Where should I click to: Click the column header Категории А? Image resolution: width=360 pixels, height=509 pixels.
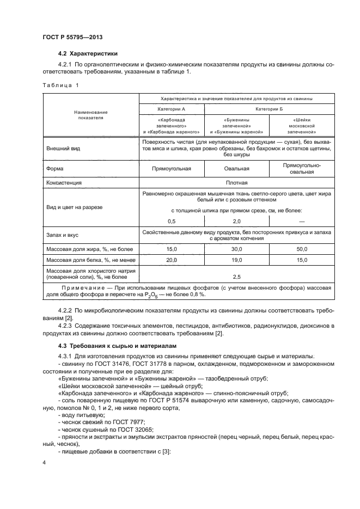click(x=172, y=109)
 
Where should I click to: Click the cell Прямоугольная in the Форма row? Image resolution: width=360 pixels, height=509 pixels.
click(x=172, y=169)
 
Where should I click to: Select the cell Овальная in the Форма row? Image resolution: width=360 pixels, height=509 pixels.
click(x=237, y=169)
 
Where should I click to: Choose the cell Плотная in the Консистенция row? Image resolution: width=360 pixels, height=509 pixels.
click(x=237, y=183)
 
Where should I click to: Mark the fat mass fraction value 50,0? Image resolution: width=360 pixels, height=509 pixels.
click(x=302, y=249)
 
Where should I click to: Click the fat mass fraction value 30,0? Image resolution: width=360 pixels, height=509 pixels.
click(x=237, y=249)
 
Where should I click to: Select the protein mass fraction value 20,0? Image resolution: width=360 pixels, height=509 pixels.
click(x=172, y=260)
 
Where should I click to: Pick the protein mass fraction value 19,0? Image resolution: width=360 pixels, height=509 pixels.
click(x=237, y=260)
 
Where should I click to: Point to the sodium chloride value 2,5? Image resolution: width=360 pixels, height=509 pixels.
click(x=237, y=275)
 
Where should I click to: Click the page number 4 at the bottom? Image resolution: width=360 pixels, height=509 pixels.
click(x=44, y=463)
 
